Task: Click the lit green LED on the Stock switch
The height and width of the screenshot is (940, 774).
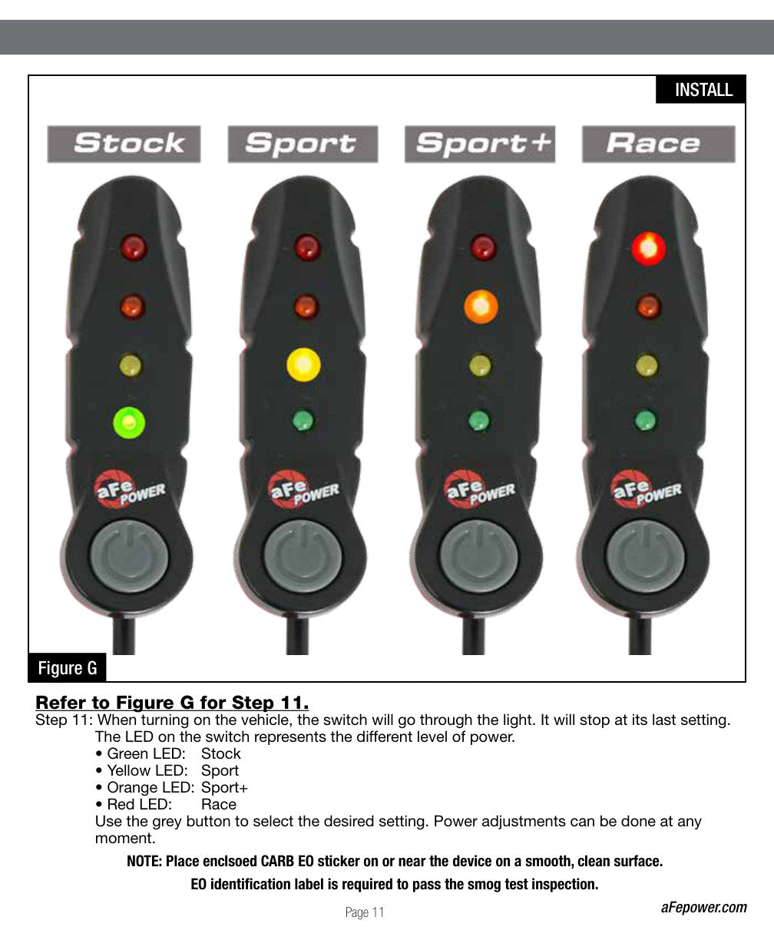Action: pos(129,422)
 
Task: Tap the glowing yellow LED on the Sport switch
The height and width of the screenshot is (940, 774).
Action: pos(304,365)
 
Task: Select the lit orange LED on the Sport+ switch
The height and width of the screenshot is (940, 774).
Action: pos(481,306)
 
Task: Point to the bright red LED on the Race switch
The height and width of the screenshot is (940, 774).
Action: pos(648,248)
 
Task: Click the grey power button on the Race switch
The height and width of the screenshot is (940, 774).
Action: pos(645,557)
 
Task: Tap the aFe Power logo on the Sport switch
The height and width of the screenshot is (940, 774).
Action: pos(304,489)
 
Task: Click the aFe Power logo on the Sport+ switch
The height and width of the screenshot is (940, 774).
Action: pos(480,489)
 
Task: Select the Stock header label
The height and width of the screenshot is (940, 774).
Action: pos(124,144)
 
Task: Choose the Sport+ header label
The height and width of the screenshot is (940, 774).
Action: pos(480,144)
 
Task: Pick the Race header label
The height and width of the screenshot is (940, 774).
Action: pos(659,144)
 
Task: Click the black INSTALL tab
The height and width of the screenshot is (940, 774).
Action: pos(700,90)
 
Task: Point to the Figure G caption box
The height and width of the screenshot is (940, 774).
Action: pos(67,667)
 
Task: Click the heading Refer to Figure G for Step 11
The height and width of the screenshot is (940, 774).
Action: pos(172,703)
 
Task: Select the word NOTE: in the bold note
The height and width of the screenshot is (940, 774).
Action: pos(144,861)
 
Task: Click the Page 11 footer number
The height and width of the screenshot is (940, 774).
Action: pos(365,912)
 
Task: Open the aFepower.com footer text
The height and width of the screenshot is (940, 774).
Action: pos(704,908)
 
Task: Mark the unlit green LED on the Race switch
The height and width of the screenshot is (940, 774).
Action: pos(646,421)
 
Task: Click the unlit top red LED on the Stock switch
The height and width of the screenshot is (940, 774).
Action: pos(134,247)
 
